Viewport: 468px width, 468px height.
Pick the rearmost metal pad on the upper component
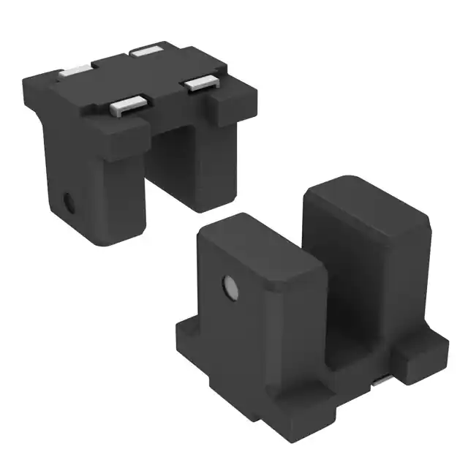[148, 52]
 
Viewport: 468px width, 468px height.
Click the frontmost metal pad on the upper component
[127, 106]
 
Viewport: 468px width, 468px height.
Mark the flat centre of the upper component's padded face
[139, 77]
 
